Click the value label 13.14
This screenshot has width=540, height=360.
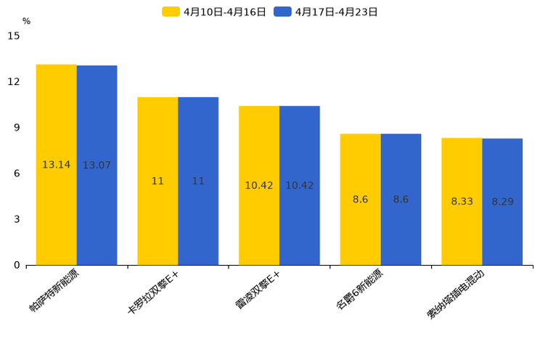click(x=57, y=165)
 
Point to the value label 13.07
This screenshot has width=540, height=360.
click(x=97, y=165)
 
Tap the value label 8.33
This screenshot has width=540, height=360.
click(x=462, y=202)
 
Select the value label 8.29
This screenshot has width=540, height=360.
click(x=502, y=202)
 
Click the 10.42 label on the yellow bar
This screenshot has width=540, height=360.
click(x=259, y=186)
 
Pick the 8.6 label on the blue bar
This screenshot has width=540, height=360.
click(x=401, y=200)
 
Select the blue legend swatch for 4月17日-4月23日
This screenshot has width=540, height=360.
click(x=282, y=12)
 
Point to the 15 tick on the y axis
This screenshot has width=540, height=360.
click(x=14, y=36)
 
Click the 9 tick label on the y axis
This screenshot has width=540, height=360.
click(x=17, y=127)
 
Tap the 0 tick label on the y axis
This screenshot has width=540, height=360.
click(x=17, y=265)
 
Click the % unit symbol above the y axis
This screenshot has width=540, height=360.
click(x=26, y=21)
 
